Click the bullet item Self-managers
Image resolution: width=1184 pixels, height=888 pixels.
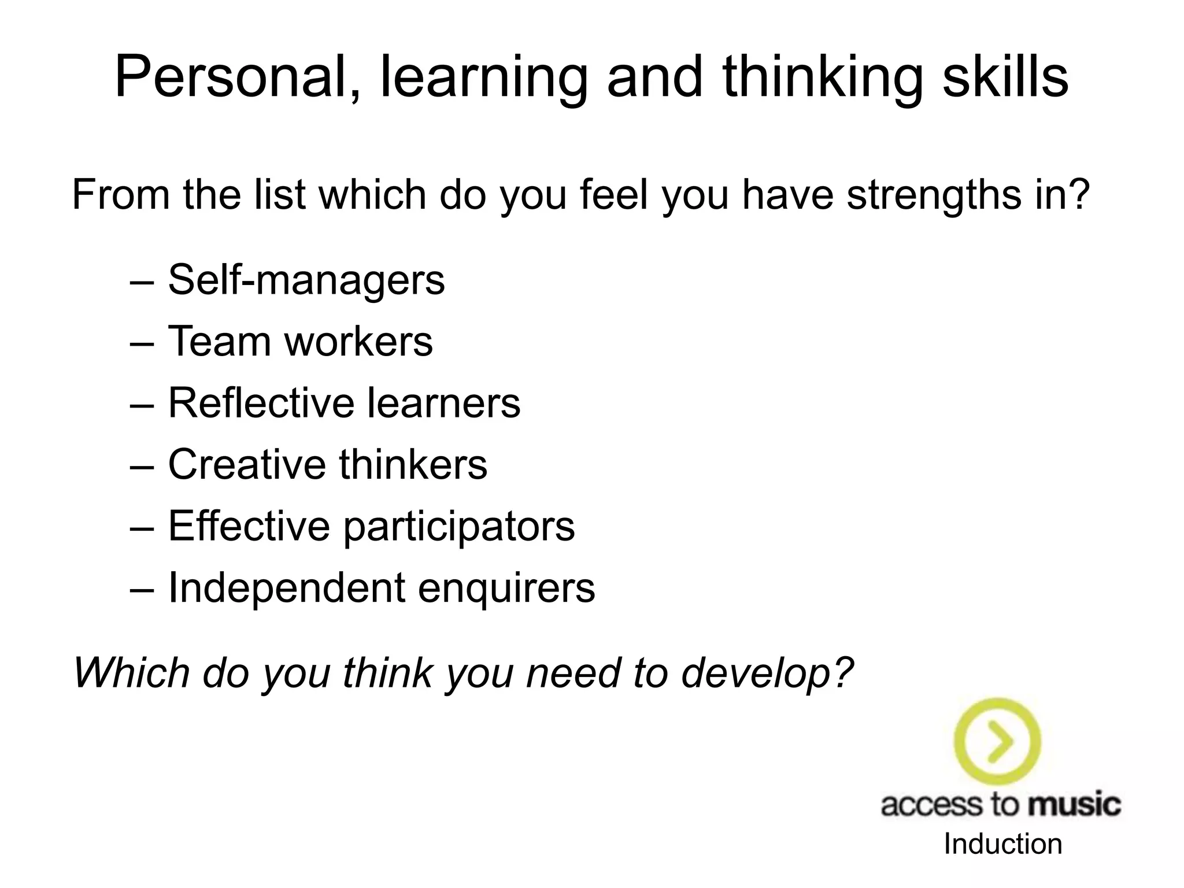306,280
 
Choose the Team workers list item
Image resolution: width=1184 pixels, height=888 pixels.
300,342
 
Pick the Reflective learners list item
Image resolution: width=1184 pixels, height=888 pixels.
344,403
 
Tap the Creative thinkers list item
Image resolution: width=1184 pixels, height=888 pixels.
327,464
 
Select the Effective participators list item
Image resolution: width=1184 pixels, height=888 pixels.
371,526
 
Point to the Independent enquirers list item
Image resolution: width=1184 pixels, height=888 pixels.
381,588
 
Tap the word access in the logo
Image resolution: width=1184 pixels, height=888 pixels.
930,805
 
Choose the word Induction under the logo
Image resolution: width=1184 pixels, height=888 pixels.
1003,844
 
